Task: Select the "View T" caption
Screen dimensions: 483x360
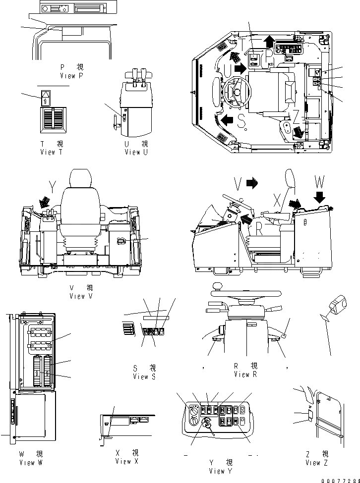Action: point(52,152)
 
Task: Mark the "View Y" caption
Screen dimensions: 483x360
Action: point(217,471)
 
